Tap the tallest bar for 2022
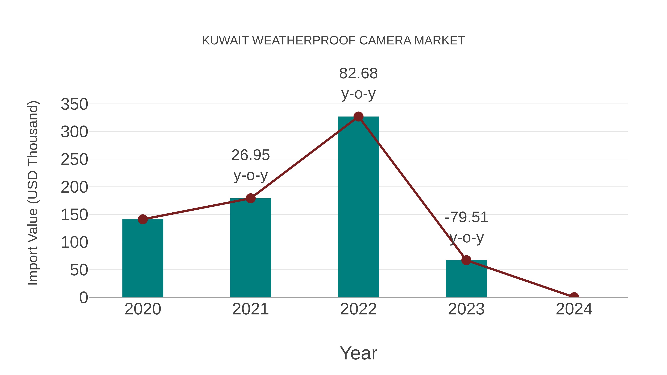[358, 207]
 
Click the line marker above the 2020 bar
[143, 219]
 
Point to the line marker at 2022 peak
[358, 117]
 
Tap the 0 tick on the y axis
[83, 297]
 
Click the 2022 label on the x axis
[358, 309]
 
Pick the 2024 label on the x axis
[574, 309]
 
